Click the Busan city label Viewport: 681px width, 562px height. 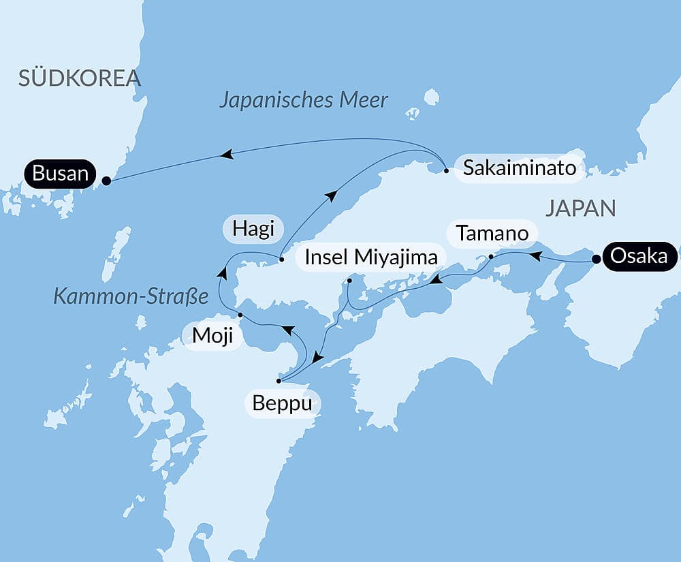pos(60,174)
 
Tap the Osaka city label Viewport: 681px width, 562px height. pos(639,255)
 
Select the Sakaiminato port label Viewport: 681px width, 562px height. pos(519,168)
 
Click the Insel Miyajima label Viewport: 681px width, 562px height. pos(371,258)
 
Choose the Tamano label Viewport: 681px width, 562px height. pos(492,233)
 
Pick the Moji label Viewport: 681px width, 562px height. pos(211,336)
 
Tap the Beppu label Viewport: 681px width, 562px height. pos(282,403)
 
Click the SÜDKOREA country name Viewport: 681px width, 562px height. pos(80,78)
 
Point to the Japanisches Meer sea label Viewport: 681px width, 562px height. pos(304,100)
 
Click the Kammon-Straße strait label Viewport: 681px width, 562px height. pos(130,296)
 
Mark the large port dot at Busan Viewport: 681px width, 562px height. pos(106,181)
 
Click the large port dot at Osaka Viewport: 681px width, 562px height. pos(596,260)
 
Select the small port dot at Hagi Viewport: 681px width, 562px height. pos(281,260)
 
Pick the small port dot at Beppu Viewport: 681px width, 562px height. pos(279,381)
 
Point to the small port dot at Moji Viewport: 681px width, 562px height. pos(240,315)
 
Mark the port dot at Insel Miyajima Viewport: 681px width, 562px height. pos(349,281)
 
